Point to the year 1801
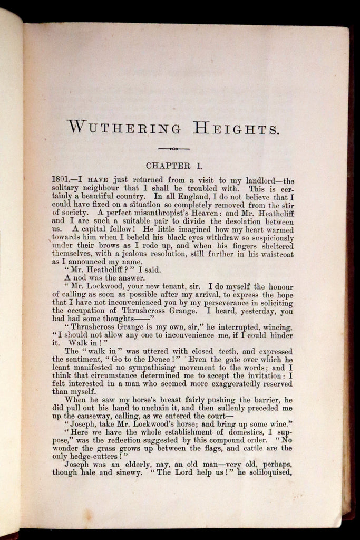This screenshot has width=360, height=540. tap(62, 179)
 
